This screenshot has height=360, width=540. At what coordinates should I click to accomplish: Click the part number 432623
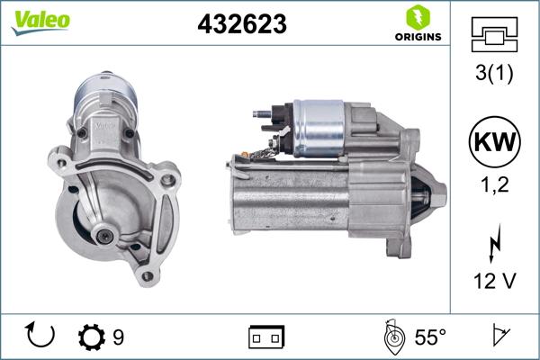pos(241,25)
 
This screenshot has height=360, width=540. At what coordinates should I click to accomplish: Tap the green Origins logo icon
pos(416,17)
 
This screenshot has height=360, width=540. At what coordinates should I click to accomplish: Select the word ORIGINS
pos(417,38)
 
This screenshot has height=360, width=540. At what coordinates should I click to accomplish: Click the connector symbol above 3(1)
pos(493,34)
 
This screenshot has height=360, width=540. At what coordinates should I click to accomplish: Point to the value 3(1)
pos(493,75)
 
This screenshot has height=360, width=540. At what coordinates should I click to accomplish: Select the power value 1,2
pos(493,186)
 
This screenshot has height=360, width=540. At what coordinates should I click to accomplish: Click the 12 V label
pos(493,282)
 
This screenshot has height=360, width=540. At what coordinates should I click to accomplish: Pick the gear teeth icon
pos(92,337)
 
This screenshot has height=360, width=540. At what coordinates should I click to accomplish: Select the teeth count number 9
pos(118,337)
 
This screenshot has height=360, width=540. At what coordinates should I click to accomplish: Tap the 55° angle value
pos(430,337)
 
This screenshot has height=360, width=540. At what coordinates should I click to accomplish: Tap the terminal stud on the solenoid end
pos(261,114)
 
